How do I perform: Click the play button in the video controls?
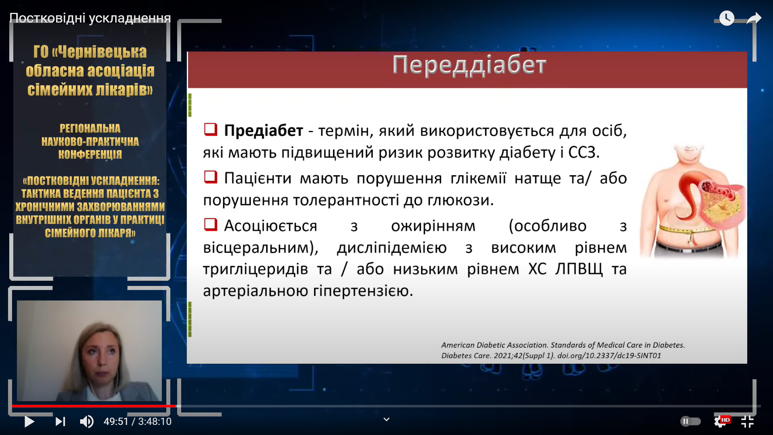click(29, 421)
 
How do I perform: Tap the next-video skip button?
click(60, 421)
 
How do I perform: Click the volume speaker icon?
click(87, 421)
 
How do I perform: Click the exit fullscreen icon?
click(747, 421)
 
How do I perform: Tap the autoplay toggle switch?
click(690, 421)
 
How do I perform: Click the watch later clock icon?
click(727, 18)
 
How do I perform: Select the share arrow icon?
click(754, 18)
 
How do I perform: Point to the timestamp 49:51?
click(116, 421)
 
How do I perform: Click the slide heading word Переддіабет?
click(469, 65)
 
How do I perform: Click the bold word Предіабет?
click(263, 130)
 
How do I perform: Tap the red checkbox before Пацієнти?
click(211, 177)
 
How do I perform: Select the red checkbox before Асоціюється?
click(211, 224)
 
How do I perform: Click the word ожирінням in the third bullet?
click(433, 226)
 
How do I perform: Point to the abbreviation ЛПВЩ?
click(579, 269)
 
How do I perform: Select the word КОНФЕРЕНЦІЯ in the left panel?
click(90, 155)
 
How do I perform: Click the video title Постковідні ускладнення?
click(90, 18)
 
